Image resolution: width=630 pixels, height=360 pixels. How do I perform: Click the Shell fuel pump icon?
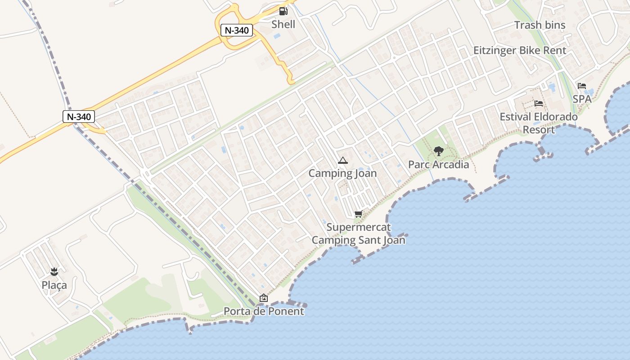point(283,11)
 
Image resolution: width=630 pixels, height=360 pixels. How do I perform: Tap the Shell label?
point(283,24)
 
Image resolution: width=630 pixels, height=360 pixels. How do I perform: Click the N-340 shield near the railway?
point(79,117)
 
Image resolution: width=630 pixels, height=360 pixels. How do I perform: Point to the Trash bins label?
point(540,25)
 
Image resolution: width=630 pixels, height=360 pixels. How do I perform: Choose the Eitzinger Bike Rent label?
point(520,50)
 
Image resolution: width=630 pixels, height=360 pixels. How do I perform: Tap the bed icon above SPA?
point(582,86)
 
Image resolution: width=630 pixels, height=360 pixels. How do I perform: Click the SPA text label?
point(582,99)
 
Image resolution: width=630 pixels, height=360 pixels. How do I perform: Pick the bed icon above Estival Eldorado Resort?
point(539,103)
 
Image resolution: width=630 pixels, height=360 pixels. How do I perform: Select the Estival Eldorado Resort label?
point(539,123)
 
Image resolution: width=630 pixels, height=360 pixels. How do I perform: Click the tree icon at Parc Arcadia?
point(438,151)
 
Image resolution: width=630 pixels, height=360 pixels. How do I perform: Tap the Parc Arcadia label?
point(438,165)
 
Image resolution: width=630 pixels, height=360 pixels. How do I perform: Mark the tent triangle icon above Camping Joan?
point(342,160)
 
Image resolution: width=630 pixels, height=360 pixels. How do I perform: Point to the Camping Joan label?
point(342,173)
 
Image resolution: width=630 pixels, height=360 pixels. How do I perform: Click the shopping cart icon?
point(358,214)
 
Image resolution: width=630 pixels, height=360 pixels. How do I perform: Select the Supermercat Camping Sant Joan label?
point(358,234)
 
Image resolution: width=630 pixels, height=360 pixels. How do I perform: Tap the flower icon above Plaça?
point(54,272)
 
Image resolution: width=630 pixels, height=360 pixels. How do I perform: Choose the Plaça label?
point(54,285)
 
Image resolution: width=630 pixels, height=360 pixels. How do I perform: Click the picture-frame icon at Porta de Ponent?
point(264,298)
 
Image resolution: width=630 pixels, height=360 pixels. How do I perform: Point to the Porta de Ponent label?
point(264,311)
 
